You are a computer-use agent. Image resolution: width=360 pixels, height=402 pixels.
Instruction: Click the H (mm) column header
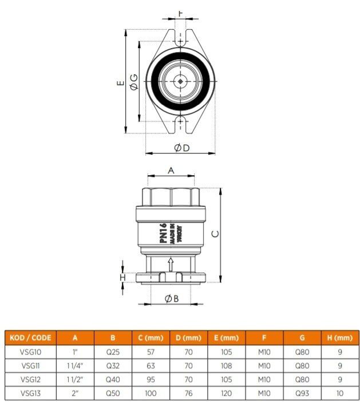340,337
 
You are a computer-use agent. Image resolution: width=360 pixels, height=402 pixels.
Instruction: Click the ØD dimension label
181,148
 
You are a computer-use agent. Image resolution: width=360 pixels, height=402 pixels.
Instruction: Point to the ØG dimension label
133,81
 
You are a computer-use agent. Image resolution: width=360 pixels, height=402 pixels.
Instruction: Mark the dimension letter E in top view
120,82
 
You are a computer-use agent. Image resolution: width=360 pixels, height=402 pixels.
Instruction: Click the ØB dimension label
172,298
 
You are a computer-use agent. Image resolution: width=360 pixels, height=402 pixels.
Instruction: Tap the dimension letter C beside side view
215,234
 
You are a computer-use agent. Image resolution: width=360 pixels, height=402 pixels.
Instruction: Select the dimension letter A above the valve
171,170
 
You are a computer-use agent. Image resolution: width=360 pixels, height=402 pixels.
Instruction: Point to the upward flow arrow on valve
170,264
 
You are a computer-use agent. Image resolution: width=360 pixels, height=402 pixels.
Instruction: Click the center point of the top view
180,81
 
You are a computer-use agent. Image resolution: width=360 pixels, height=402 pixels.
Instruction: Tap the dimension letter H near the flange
121,277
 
